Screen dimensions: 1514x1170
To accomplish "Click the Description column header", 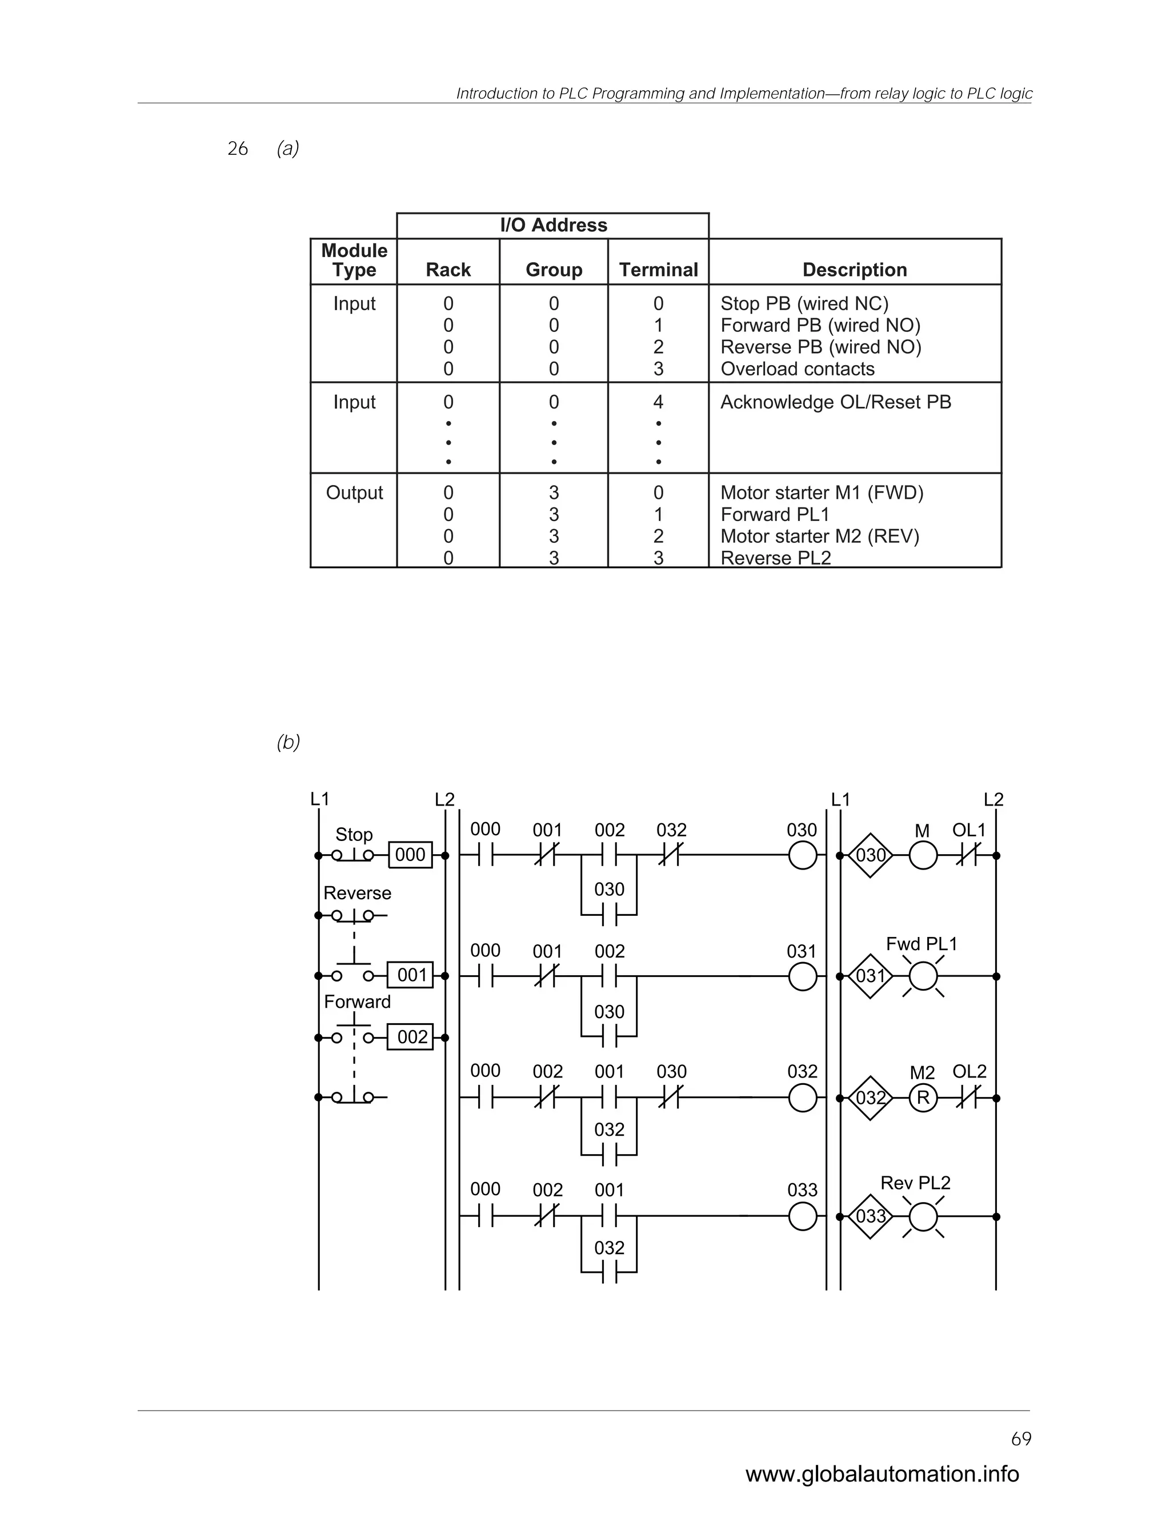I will pos(854,270).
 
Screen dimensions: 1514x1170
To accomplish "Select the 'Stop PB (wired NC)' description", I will pos(804,303).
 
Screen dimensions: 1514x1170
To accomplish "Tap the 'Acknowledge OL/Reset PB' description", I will pos(835,402).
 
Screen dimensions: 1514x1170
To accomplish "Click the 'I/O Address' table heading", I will pos(553,225).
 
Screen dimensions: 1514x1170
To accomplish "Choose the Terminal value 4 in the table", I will pos(658,402).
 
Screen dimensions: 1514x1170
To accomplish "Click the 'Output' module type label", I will pos(354,493).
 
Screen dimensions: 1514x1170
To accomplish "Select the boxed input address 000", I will pos(410,855).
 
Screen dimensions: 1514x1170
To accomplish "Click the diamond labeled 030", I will pos(871,855).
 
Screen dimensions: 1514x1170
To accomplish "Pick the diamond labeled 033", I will pos(871,1216).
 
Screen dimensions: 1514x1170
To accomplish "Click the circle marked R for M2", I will pos(923,1098).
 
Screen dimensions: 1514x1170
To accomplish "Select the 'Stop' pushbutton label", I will pos(354,835).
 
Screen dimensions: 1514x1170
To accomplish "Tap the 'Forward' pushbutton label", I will pos(357,1002).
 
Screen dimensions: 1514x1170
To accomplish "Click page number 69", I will pos(1021,1439).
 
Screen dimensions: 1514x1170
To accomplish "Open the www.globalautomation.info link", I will pos(881,1475).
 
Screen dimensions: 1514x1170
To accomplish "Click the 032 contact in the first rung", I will pos(670,855).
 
